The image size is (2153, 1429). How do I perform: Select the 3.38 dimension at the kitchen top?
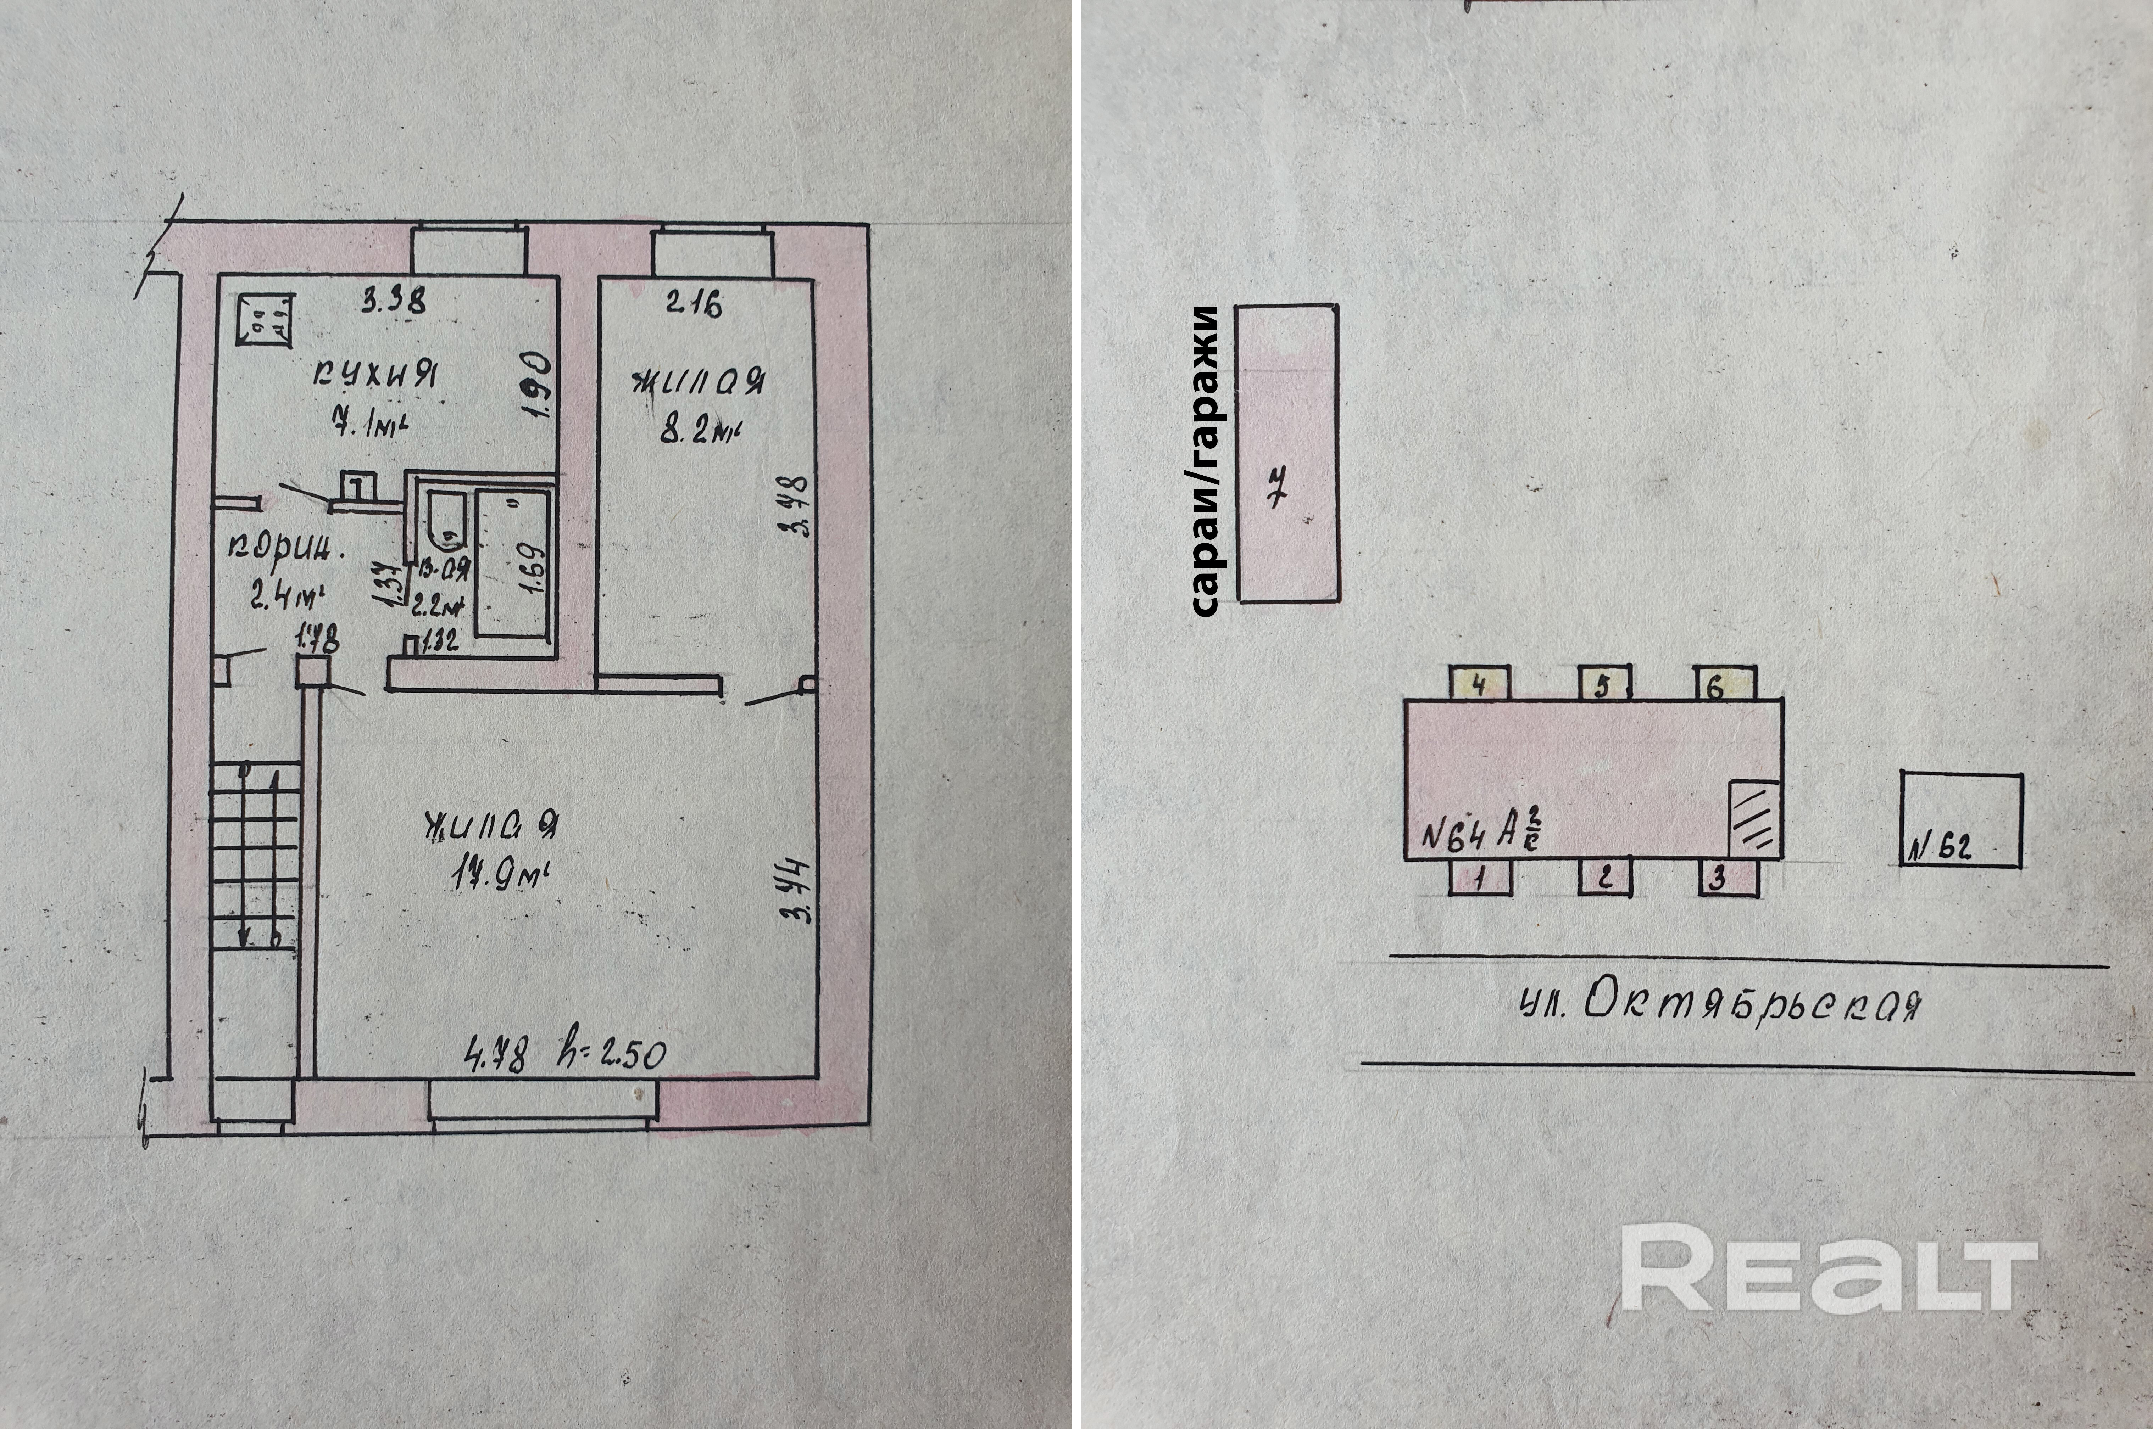[x=393, y=300]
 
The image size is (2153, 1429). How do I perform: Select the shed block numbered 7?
[x=1287, y=453]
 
